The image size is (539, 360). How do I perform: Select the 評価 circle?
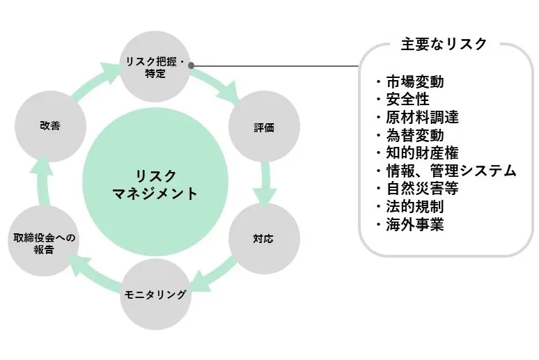point(264,128)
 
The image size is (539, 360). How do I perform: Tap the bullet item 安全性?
point(406,99)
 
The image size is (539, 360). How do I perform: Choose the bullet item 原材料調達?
point(421,117)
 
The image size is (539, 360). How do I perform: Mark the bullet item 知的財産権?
point(421,153)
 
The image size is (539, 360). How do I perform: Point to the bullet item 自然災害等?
point(421,189)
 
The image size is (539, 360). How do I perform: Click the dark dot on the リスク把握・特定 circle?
point(191,66)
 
